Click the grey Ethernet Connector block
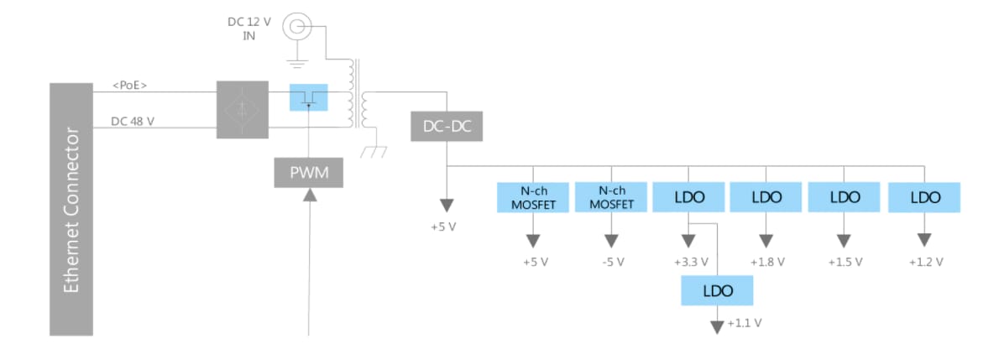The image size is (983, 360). [x=71, y=209]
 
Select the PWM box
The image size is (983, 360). [x=309, y=173]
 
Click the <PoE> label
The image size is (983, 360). [x=131, y=84]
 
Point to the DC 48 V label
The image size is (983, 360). [x=133, y=121]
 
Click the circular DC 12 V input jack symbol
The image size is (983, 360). [x=295, y=28]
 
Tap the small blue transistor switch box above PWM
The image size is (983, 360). [x=308, y=97]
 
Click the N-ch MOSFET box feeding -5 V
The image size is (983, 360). [x=611, y=197]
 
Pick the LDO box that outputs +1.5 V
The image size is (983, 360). [x=844, y=197]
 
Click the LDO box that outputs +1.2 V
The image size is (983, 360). [x=925, y=197]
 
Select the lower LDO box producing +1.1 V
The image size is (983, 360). [x=717, y=290]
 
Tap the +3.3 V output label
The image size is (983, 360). [x=691, y=262]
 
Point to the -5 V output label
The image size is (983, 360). [x=613, y=262]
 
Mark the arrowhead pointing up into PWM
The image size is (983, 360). [x=309, y=196]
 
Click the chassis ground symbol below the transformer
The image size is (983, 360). [x=371, y=152]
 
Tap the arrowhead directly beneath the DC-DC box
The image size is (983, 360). [x=447, y=206]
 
